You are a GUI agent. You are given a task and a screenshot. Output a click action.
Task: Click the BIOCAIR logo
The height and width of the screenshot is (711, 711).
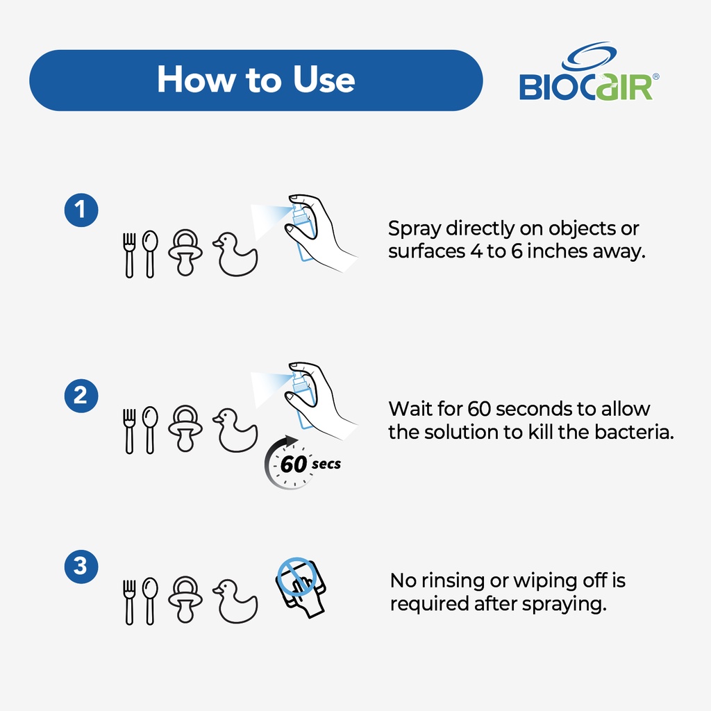point(589,72)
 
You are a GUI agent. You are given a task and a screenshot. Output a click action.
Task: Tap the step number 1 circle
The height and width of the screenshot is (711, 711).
point(81,210)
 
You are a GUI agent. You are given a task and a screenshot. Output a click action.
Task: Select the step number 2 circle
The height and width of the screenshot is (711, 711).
point(81,396)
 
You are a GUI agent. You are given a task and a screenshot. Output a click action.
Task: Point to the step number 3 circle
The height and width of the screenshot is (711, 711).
point(81,567)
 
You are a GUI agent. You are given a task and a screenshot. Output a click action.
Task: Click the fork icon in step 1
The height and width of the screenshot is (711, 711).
point(129,256)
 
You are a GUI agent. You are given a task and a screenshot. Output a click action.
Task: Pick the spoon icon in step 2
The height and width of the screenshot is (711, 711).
point(150,430)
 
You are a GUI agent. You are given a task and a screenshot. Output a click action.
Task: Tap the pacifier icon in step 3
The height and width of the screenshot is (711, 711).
point(185,599)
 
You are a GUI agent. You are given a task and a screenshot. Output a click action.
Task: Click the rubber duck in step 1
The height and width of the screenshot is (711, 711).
point(235,254)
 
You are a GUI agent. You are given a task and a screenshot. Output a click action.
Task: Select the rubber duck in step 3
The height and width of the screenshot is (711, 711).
point(235,601)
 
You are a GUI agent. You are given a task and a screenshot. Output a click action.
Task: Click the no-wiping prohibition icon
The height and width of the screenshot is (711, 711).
point(300,587)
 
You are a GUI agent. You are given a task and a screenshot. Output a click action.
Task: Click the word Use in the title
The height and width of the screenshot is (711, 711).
point(324,79)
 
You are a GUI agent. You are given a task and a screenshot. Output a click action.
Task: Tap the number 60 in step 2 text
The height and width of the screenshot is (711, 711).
point(479,409)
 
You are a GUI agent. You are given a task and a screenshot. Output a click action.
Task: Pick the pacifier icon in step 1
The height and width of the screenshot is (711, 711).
point(185,253)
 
